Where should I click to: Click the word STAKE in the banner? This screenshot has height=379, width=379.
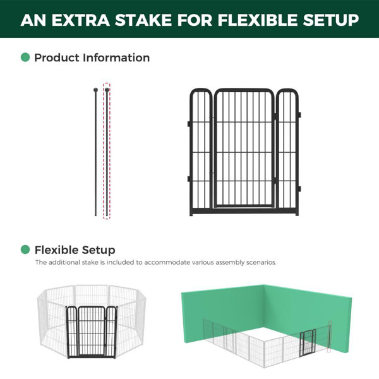pyautogui.click(x=144, y=20)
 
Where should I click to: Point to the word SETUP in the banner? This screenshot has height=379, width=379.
pyautogui.click(x=330, y=20)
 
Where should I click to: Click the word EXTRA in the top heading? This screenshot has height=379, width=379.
pyautogui.click(x=81, y=20)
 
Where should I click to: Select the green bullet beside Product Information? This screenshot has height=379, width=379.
pyautogui.click(x=25, y=57)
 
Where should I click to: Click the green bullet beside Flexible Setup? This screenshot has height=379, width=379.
pyautogui.click(x=25, y=250)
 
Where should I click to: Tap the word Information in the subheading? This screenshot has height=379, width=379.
pyautogui.click(x=116, y=57)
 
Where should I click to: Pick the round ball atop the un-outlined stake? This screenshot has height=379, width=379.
pyautogui.click(x=95, y=90)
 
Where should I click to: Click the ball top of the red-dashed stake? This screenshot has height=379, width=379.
pyautogui.click(x=107, y=90)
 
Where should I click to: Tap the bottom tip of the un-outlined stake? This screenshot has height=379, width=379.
pyautogui.click(x=95, y=215)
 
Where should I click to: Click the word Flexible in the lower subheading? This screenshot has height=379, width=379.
pyautogui.click(x=57, y=250)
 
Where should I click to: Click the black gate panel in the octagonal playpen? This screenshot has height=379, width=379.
pyautogui.click(x=92, y=332)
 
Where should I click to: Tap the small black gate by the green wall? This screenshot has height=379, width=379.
pyautogui.click(x=308, y=343)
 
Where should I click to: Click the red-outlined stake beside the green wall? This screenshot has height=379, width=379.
pyautogui.click(x=330, y=337)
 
